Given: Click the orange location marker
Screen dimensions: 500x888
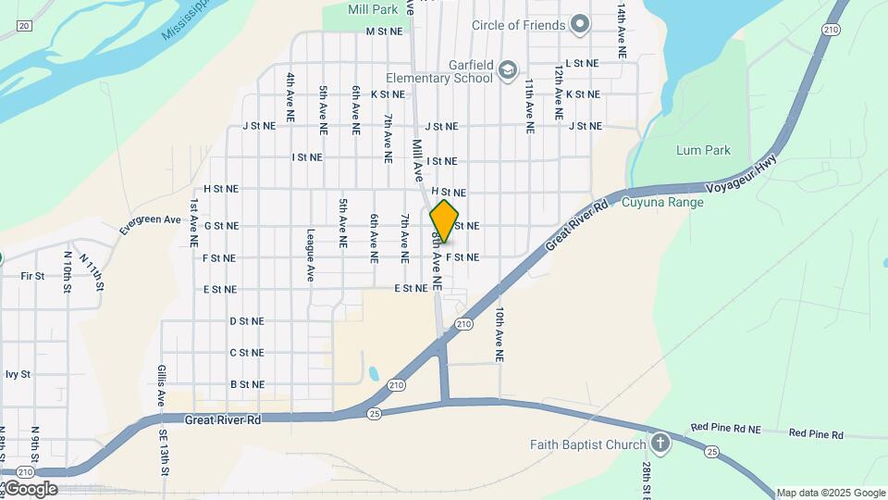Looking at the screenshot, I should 445,221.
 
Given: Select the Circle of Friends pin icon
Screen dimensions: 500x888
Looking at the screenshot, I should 580,24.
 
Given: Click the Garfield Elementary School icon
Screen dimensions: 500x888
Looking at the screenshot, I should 507,70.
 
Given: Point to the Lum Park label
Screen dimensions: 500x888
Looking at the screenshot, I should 703,150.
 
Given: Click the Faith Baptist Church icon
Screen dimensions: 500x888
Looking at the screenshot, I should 660,443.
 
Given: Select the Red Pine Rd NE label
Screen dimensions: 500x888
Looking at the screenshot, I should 726,429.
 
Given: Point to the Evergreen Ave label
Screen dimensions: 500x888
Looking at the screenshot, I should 150,219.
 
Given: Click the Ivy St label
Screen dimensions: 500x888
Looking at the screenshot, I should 18,374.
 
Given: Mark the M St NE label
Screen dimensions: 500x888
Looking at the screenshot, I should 385,31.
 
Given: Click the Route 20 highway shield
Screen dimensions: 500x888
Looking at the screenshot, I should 24,24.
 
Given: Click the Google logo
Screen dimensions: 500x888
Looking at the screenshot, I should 31,489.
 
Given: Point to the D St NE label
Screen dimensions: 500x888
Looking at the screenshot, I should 247,321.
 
